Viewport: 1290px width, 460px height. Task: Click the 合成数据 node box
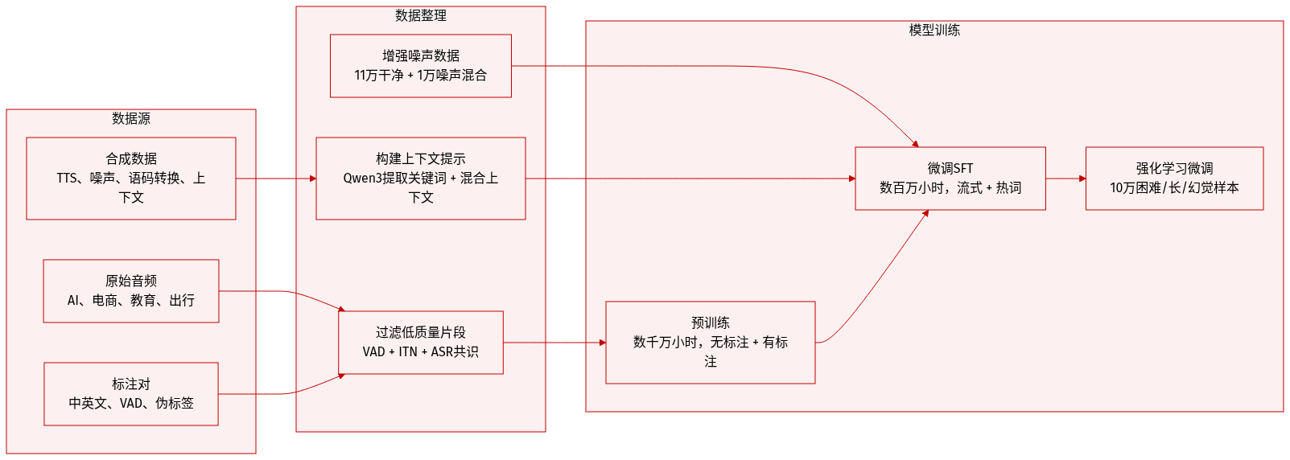click(x=131, y=179)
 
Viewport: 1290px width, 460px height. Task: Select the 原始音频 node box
click(x=131, y=291)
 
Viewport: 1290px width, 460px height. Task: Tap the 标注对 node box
click(x=131, y=394)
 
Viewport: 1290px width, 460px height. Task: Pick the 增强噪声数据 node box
click(x=421, y=66)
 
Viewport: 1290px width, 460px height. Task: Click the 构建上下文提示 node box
click(x=421, y=179)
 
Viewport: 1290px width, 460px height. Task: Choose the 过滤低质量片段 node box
click(x=421, y=343)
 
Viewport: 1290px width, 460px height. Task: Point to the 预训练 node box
click(x=711, y=343)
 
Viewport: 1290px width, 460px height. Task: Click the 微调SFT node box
click(x=950, y=179)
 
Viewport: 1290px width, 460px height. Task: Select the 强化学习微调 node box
click(x=1174, y=179)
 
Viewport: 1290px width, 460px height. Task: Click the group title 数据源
click(x=131, y=118)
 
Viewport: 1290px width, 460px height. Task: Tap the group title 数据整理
click(x=421, y=15)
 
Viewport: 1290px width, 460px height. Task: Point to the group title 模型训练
click(x=934, y=30)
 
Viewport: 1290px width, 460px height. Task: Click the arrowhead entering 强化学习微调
click(x=1082, y=179)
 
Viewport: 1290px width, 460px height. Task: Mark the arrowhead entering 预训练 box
click(x=602, y=343)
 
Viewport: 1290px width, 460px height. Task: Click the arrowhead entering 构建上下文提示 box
click(x=312, y=179)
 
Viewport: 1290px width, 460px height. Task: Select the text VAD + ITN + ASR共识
click(x=421, y=352)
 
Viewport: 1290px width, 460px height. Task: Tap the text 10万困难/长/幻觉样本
click(x=1174, y=188)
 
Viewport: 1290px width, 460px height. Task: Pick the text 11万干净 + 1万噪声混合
click(x=421, y=76)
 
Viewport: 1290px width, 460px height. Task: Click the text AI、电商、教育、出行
click(x=131, y=301)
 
